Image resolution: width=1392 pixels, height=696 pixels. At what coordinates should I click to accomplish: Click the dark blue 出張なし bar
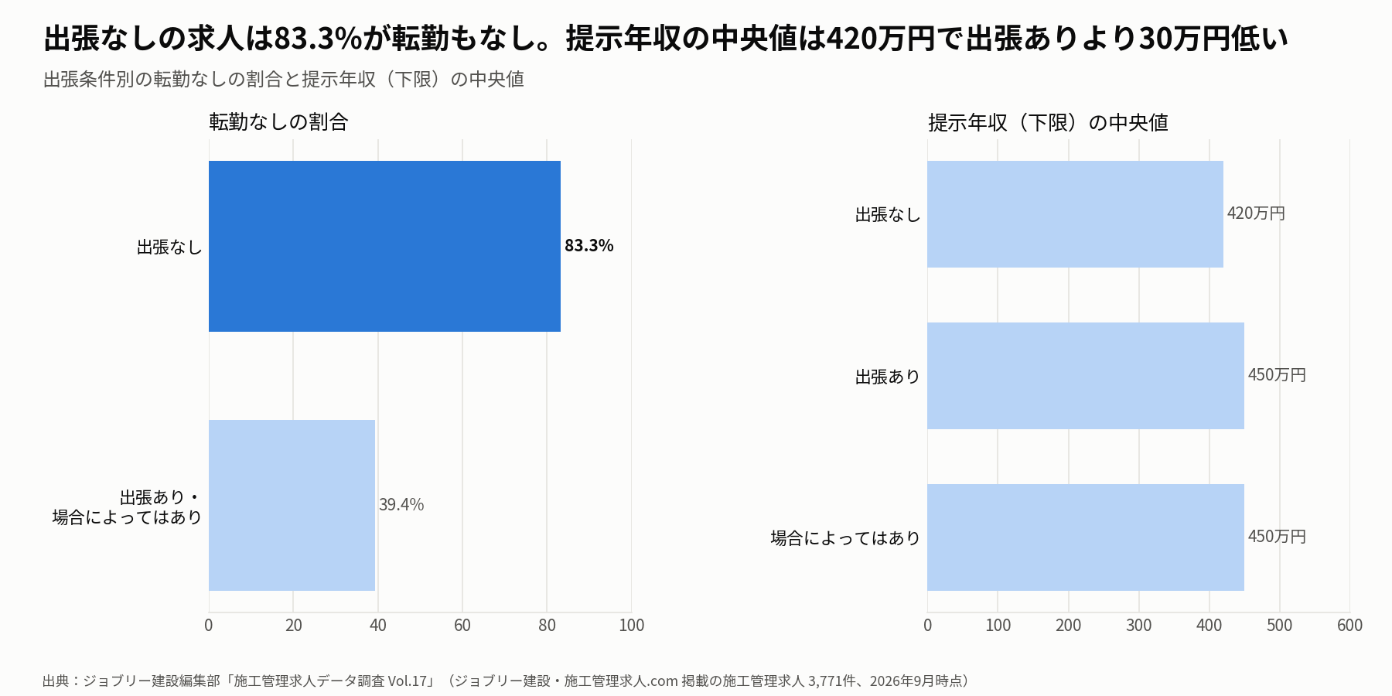coord(384,246)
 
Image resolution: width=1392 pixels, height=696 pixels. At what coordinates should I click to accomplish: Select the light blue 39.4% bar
coord(292,505)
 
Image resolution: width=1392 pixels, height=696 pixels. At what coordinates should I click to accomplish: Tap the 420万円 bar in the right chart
coord(1075,214)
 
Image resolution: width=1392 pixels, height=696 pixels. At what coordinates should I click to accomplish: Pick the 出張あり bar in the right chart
coord(1086,376)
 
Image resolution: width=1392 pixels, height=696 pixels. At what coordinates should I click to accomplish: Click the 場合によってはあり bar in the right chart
coord(1086,537)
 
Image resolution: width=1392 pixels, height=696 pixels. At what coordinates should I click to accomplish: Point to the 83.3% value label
coord(589,246)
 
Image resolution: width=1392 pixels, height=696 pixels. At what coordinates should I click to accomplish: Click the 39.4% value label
coord(401,505)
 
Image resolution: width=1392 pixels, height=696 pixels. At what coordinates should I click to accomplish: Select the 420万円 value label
coord(1256,213)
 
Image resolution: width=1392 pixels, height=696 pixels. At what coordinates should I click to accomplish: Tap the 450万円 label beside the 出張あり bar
coord(1277,375)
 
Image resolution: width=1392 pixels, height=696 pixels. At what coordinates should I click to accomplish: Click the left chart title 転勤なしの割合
coord(278,122)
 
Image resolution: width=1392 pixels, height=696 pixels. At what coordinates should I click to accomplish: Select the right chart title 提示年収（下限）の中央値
coord(1048,123)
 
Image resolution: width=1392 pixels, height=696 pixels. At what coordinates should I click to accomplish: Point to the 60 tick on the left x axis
coord(462,626)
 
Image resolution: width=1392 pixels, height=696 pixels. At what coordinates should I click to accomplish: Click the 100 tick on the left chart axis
coord(631,626)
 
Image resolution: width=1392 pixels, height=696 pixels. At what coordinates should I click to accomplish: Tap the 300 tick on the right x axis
coord(1138,626)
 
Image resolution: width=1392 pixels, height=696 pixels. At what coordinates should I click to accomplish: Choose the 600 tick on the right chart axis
coord(1349,626)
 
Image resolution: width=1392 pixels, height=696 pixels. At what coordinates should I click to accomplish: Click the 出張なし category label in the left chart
coord(169,247)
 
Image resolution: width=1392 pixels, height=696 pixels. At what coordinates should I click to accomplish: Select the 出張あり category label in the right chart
coord(888,377)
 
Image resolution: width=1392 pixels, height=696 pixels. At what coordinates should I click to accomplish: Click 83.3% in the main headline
coord(318,39)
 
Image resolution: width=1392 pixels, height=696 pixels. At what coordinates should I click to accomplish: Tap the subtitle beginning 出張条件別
coord(284,80)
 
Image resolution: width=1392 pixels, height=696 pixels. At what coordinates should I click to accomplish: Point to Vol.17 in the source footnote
coord(408,681)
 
